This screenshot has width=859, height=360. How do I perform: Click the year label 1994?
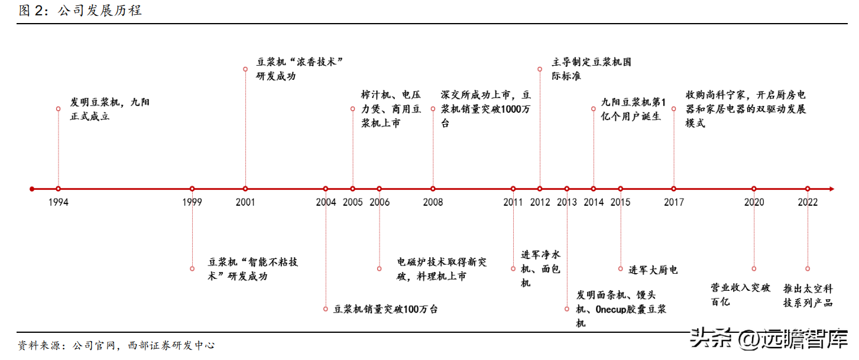59,202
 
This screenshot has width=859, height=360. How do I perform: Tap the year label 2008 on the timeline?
433,202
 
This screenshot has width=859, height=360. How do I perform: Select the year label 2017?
674,202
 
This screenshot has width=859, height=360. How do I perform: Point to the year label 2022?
808,202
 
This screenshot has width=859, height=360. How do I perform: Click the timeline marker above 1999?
192,189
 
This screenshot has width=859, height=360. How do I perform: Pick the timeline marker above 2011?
513,189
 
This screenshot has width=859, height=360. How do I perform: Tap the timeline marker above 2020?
754,189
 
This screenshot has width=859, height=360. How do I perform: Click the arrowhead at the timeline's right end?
831,189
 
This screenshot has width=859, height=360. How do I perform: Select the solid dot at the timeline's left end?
32,189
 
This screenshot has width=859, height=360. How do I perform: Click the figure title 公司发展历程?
100,11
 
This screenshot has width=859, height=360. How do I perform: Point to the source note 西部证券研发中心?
171,345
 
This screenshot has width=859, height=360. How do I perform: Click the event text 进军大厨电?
653,270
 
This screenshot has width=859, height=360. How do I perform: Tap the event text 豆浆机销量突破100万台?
385,309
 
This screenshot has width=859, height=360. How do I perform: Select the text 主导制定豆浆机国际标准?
591,69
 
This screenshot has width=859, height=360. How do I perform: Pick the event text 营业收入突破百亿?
740,294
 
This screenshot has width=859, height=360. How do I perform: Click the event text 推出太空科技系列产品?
808,296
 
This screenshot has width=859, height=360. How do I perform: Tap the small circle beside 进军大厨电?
621,269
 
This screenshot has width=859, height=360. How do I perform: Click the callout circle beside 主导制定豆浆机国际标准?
540,69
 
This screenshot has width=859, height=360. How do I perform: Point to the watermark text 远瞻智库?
804,339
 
